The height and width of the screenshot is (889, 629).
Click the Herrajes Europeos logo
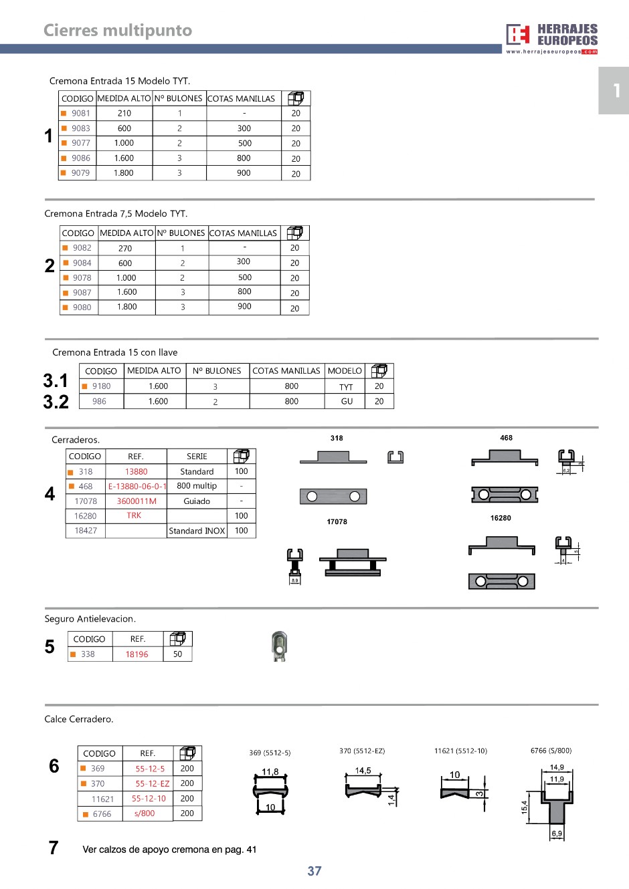point(551,38)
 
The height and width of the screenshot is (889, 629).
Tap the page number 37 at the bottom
point(314,871)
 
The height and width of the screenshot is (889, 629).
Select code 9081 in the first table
point(80,114)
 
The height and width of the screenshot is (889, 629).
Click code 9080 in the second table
point(82,307)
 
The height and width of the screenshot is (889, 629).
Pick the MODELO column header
point(345,371)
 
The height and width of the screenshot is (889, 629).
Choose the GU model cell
point(347,402)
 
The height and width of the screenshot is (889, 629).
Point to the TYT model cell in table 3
point(346,387)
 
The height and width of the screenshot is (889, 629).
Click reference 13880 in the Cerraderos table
point(136,472)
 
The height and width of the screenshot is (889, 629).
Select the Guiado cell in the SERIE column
point(197,501)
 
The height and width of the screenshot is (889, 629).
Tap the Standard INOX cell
point(197,531)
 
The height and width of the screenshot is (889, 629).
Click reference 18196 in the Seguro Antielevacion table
point(137,654)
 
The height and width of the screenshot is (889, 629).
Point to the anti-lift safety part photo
point(280,646)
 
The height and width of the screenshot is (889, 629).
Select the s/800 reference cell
point(145,814)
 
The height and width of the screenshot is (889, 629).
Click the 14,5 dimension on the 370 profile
point(363,771)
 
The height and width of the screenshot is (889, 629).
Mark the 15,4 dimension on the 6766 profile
point(525,807)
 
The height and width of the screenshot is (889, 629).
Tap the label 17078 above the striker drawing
point(337,522)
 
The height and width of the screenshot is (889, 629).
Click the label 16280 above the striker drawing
point(501,518)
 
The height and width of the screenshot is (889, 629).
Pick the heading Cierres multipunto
point(118,31)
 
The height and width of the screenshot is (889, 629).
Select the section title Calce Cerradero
point(79,719)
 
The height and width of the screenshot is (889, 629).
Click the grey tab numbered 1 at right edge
point(614,90)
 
